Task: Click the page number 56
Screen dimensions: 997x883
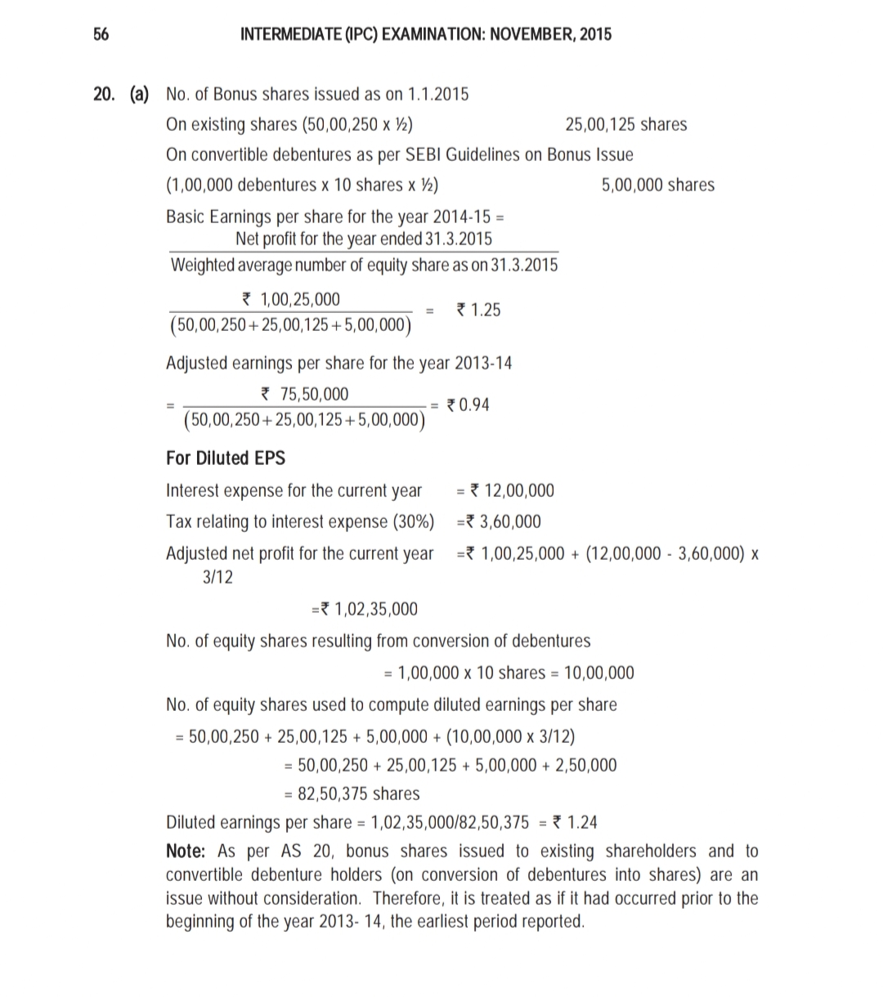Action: click(101, 34)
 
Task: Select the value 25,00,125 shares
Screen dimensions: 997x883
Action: click(625, 124)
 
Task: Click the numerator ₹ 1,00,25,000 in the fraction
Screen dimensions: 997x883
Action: click(288, 299)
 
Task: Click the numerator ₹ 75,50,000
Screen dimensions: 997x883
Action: click(303, 395)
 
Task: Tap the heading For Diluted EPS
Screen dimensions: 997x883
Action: click(226, 458)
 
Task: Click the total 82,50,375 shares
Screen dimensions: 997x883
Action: click(352, 794)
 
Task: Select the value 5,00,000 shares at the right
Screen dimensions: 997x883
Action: click(657, 185)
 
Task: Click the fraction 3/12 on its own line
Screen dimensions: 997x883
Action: click(217, 577)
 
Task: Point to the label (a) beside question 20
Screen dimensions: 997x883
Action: click(139, 94)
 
